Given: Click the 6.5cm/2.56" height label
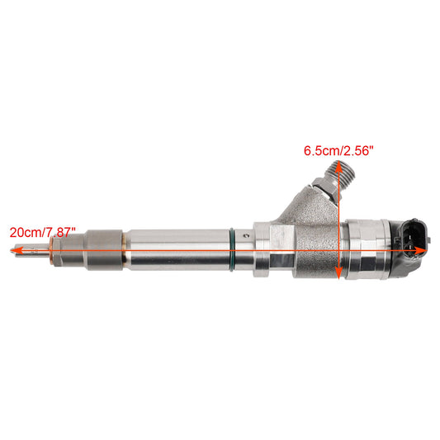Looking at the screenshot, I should (x=338, y=150).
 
